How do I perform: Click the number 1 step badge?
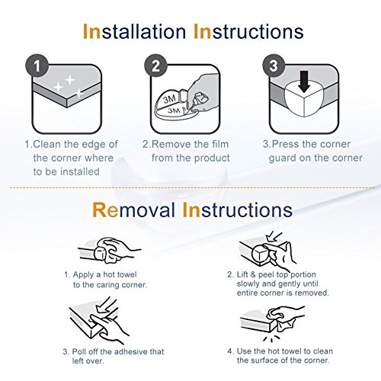click(x=37, y=66)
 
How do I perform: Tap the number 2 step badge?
click(x=155, y=66)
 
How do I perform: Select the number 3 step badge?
click(x=274, y=66)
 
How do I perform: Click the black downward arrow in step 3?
click(x=304, y=82)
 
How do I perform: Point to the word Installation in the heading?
click(x=134, y=32)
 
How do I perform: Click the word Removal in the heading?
click(x=134, y=210)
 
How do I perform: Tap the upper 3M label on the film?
click(x=170, y=99)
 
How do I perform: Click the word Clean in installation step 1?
click(x=47, y=144)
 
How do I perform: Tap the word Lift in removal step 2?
click(x=242, y=274)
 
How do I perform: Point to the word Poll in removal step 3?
click(x=80, y=351)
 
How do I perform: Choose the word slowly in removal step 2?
click(x=248, y=283)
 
